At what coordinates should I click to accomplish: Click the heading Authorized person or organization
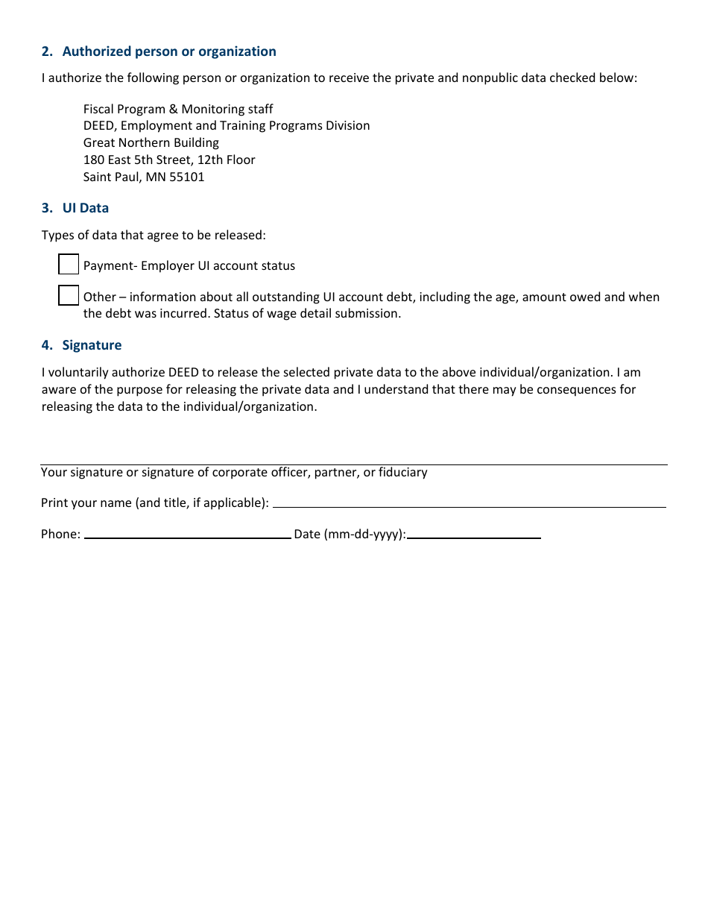(169, 51)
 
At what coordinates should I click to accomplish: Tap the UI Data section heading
(85, 208)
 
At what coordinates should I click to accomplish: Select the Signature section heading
(92, 345)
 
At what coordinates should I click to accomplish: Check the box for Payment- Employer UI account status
(69, 265)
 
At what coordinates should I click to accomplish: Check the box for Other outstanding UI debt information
(69, 296)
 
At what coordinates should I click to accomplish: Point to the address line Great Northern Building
(151, 142)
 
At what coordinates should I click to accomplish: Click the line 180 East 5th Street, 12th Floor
(169, 160)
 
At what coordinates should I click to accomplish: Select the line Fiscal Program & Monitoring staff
(178, 109)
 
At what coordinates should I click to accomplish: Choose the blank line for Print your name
(470, 502)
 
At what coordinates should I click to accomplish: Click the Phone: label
(60, 534)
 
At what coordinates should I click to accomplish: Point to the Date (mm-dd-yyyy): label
(350, 534)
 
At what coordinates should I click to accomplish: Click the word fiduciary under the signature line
(403, 473)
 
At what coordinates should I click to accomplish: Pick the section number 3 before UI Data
(46, 208)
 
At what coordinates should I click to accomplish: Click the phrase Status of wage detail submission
(307, 314)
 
